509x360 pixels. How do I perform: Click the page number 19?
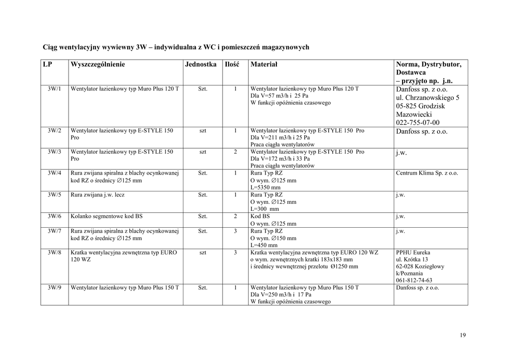463,335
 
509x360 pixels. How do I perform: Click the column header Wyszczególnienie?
98,65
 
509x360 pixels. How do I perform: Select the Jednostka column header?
201,65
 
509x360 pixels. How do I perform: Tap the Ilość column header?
232,65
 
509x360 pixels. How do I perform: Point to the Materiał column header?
264,65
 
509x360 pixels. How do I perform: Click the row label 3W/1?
55,89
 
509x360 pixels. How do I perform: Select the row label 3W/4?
55,174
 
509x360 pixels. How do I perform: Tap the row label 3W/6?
55,217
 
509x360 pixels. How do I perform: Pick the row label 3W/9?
55,288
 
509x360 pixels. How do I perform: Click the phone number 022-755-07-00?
418,122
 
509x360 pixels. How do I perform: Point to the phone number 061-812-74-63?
414,280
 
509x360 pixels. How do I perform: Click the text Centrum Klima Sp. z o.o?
427,174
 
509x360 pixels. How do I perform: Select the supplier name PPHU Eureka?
413,253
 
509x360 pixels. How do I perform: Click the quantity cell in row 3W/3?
235,152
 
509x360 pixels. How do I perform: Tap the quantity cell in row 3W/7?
235,231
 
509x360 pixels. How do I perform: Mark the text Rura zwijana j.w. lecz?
98,195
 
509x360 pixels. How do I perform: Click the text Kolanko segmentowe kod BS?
107,217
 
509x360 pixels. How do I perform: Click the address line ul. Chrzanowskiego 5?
427,98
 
